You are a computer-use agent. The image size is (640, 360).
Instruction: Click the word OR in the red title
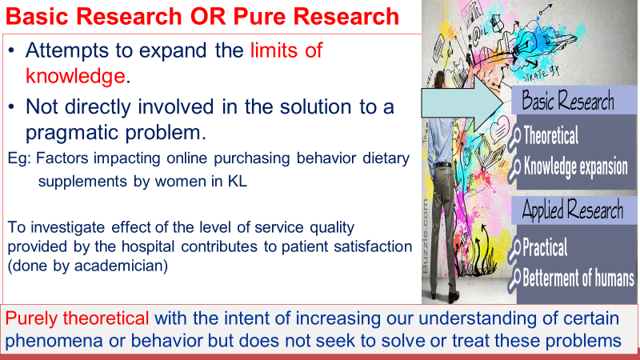[209, 16]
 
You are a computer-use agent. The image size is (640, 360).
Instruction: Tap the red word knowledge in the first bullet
[75, 76]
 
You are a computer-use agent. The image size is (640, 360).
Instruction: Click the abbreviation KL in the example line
[238, 182]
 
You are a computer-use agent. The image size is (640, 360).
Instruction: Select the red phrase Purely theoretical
[77, 318]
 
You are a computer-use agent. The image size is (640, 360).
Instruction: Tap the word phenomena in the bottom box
[54, 341]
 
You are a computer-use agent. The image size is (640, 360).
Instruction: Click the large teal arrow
[462, 104]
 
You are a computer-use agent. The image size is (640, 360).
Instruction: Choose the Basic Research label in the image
[568, 101]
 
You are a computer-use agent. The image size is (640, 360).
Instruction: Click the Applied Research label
[573, 210]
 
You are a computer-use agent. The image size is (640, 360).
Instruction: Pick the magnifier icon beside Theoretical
[514, 138]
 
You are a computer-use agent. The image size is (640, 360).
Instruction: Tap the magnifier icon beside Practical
[514, 250]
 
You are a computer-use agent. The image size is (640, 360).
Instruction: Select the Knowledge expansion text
[576, 167]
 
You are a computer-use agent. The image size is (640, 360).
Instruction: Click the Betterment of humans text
[578, 278]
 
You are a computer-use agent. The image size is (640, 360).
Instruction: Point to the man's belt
[443, 165]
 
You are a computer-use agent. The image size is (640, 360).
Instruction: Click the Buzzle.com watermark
[426, 236]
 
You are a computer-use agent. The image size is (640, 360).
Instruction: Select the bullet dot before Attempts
[11, 50]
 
